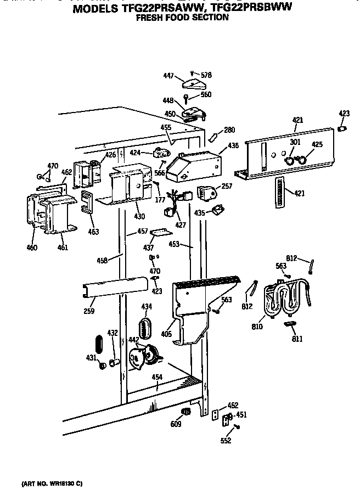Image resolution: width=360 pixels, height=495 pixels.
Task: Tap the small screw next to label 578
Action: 192,73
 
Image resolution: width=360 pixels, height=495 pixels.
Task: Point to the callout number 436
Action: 233,147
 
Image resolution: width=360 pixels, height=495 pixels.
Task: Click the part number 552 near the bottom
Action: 226,440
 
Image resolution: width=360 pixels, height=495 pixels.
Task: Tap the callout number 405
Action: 166,333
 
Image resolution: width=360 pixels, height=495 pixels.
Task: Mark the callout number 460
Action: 32,248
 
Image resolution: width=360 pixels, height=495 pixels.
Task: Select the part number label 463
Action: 93,232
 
